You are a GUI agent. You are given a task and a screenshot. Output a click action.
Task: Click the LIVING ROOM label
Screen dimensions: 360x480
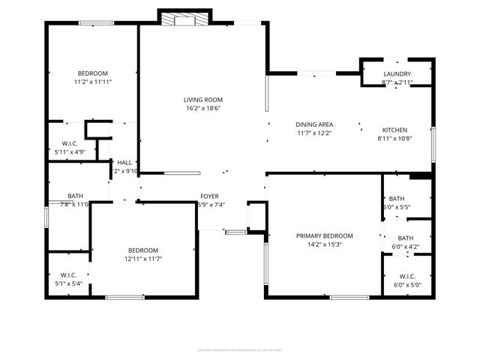point(203,100)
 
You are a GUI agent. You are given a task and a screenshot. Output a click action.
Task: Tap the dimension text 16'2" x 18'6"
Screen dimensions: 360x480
point(203,109)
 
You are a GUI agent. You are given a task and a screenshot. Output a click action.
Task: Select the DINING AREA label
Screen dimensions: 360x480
point(314,124)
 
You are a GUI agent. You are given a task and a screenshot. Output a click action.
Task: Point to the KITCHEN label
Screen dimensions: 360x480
point(396,129)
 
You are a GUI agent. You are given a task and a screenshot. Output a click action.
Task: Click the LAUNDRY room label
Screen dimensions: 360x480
point(397,73)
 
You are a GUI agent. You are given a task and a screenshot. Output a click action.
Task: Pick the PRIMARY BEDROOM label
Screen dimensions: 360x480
point(324,235)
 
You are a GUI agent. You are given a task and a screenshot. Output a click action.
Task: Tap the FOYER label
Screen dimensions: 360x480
point(208,196)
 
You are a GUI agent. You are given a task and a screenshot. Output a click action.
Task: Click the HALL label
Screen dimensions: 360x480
point(124,162)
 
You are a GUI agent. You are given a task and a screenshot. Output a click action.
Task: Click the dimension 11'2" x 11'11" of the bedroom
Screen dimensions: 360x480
point(93,81)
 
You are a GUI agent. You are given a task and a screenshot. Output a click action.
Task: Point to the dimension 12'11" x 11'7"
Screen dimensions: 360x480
point(142,259)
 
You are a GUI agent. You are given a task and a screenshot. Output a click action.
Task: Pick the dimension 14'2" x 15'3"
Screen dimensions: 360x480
point(324,244)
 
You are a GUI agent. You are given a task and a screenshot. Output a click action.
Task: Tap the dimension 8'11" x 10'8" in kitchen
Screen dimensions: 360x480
point(396,138)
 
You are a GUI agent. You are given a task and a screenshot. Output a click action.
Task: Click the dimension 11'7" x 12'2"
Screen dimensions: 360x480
point(314,133)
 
